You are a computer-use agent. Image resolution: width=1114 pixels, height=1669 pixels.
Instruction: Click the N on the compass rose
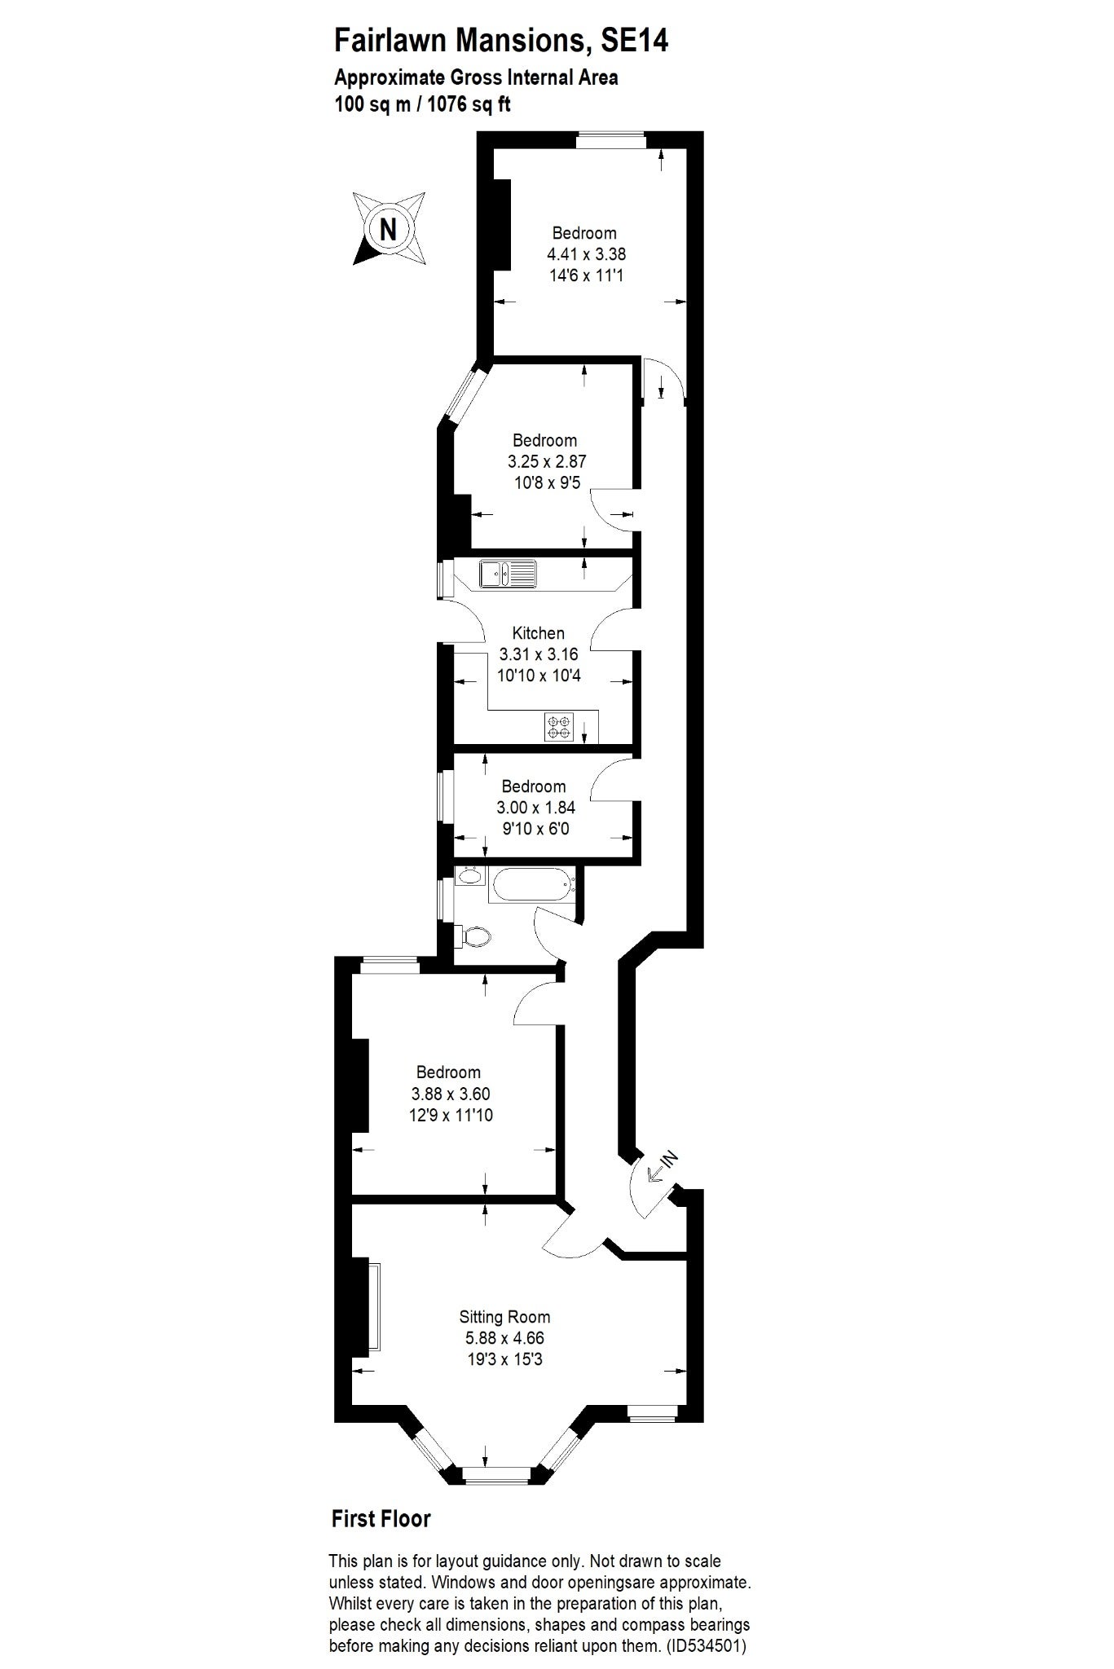389,229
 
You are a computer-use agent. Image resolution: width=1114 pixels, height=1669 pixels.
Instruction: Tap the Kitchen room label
538,633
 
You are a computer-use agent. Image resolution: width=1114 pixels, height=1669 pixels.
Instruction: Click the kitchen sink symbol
507,573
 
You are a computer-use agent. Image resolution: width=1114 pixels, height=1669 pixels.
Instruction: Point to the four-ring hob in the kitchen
560,727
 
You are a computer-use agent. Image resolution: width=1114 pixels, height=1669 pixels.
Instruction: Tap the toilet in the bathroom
474,936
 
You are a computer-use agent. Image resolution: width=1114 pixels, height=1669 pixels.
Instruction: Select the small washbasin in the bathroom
469,877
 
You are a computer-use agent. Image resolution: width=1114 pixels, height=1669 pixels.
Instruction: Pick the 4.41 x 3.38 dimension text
586,254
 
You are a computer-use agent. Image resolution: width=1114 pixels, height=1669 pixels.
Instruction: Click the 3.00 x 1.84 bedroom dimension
535,808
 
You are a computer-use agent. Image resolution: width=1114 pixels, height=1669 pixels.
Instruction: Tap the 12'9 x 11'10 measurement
451,1115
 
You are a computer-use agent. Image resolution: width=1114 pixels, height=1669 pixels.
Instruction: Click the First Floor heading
381,1518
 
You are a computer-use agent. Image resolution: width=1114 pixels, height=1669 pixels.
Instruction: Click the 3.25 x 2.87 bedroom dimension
546,461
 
